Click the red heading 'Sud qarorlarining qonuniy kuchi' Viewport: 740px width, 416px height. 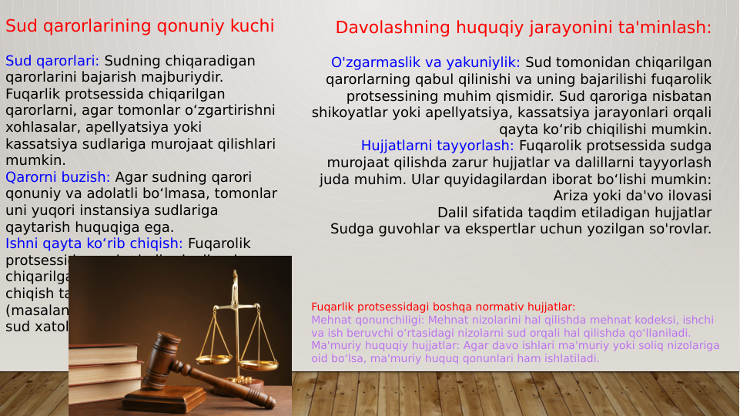tap(139, 26)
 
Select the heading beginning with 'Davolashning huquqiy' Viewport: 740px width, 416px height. tap(523, 28)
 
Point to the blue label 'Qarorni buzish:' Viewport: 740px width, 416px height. tap(58, 177)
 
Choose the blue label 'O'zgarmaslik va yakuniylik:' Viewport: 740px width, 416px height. tap(426, 62)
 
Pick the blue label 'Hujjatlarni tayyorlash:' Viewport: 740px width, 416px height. tap(437, 146)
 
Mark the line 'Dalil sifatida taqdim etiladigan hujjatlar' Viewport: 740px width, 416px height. tap(574, 213)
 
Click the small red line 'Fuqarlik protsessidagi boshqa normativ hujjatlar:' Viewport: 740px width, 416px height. tap(443, 307)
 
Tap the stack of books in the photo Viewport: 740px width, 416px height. tap(104, 374)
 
